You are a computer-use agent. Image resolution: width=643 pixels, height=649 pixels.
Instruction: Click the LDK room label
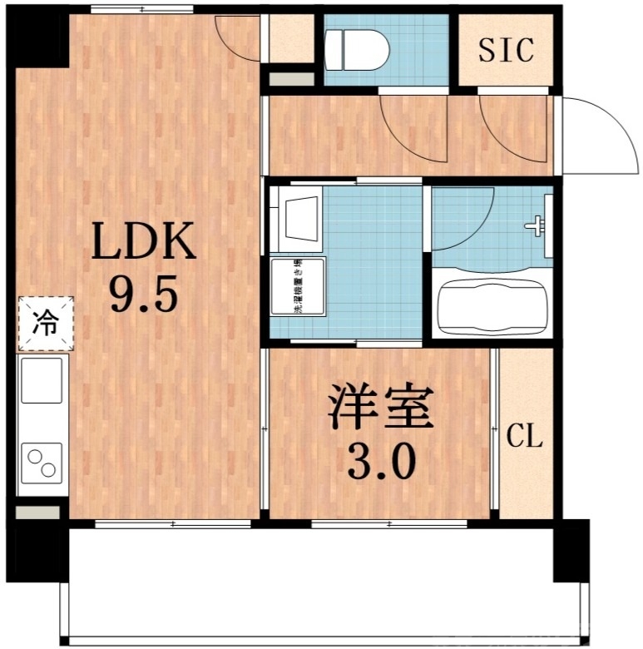(143, 244)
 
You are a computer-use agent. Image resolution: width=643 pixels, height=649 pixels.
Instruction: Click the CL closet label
(525, 435)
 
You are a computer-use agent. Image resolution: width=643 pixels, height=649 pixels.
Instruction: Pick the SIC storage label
(505, 50)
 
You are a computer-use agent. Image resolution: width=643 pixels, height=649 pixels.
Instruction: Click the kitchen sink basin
(42, 380)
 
